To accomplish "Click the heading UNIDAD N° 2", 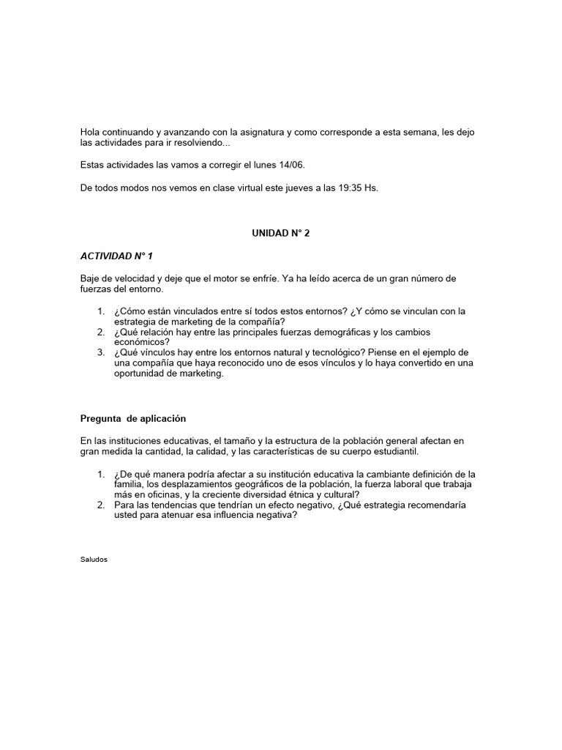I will [x=280, y=233].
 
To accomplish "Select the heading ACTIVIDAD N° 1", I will [x=116, y=256].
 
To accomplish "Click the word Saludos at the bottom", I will [x=94, y=559].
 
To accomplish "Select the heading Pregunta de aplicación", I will [x=132, y=418].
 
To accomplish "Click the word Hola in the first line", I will [x=90, y=132].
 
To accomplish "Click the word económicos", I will [x=141, y=342].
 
